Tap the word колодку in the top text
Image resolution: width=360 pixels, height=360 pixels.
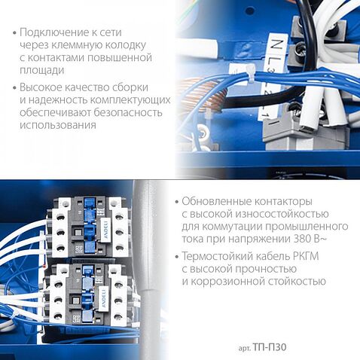coord(125,45)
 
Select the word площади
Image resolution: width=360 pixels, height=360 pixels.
coord(42,70)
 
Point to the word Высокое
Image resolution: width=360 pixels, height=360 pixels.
coord(41,87)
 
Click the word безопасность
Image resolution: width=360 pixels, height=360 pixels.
coord(128,112)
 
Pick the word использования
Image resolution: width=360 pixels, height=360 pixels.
coord(58,125)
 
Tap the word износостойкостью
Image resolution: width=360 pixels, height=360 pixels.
coord(282,214)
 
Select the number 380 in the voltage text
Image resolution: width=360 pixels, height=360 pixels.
coord(301,239)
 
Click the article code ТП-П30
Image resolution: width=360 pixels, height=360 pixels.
coord(269,347)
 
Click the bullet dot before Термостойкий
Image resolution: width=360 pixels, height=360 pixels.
coord(178,257)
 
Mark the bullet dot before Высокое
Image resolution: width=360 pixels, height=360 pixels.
coord(14,87)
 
